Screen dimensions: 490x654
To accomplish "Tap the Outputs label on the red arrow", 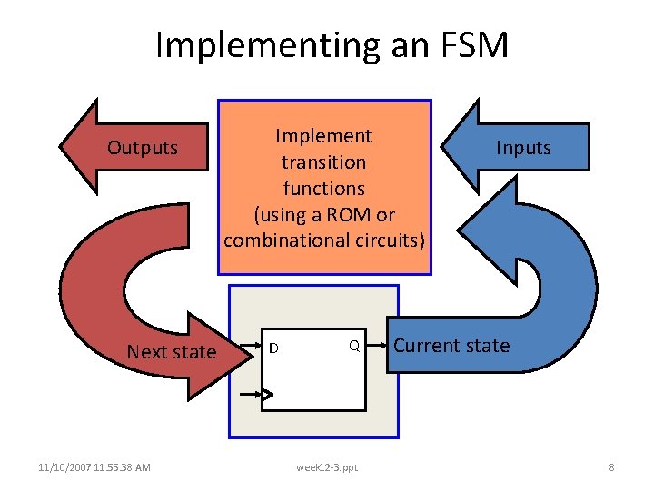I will click(x=143, y=148).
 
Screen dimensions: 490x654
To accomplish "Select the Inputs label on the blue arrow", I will click(x=523, y=148).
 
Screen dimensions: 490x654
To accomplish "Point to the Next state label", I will click(x=172, y=352).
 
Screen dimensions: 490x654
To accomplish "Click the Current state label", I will click(x=451, y=346).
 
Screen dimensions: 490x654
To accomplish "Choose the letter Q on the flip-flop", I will click(x=355, y=346).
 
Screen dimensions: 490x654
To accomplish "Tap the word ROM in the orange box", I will click(x=352, y=214).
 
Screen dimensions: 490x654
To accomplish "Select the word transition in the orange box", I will click(x=323, y=162).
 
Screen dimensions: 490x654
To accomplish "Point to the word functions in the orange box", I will click(x=323, y=188).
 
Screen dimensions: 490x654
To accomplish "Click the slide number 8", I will click(x=611, y=467).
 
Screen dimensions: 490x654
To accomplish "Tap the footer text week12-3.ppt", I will click(x=327, y=467).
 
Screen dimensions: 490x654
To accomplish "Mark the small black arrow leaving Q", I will click(x=378, y=346).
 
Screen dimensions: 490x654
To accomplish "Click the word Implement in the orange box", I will click(x=323, y=136).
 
